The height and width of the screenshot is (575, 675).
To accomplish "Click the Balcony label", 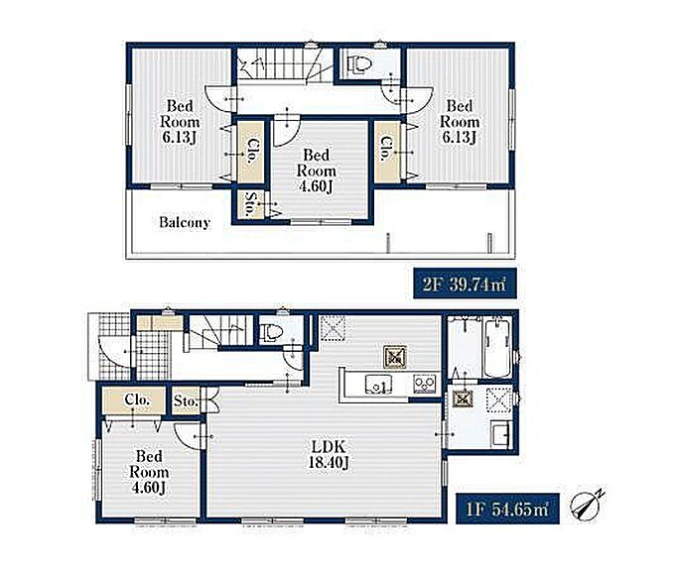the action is point(185,222).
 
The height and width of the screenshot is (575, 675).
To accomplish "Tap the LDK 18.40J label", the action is point(328,454).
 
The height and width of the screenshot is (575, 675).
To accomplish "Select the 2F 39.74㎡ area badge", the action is point(465,284).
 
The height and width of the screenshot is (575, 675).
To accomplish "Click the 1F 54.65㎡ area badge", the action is point(507,509).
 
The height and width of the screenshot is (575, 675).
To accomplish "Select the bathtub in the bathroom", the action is point(497,348).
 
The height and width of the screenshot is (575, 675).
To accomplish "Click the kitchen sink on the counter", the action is point(379,384).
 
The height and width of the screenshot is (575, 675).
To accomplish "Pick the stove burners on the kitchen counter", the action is point(425,384).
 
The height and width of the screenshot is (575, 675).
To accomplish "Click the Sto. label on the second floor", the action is point(250,204).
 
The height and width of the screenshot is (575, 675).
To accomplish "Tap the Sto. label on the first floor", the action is point(186,402).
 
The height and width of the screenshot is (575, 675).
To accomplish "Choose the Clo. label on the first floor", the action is point(137,400).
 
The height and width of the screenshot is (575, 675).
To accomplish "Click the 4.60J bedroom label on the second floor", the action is point(316,171).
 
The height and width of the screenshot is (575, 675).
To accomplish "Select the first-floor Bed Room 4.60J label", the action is point(149,472).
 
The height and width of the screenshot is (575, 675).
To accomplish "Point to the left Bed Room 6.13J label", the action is point(180,122).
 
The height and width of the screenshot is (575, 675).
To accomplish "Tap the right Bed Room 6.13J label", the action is point(460,122).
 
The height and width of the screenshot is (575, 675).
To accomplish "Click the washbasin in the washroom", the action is point(500,433).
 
